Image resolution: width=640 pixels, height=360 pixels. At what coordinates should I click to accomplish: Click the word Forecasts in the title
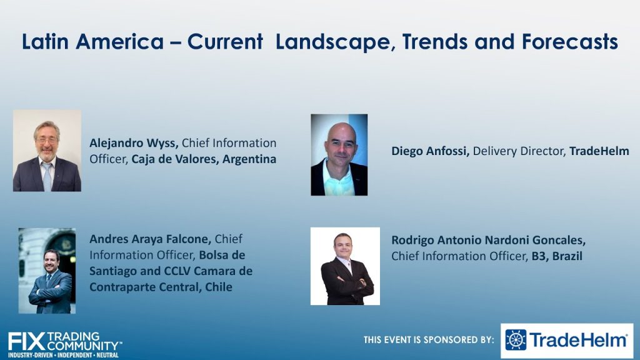pyautogui.click(x=570, y=42)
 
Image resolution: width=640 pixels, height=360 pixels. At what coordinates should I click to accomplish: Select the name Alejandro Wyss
pyautogui.click(x=134, y=143)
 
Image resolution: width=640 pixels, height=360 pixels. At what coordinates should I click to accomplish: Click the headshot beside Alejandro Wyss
pyautogui.click(x=47, y=150)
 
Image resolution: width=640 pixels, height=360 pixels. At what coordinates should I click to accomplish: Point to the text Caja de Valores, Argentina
pyautogui.click(x=204, y=159)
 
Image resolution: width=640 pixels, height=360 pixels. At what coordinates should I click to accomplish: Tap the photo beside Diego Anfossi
pyautogui.click(x=339, y=155)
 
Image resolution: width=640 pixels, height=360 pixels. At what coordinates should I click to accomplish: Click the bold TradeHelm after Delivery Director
pyautogui.click(x=599, y=151)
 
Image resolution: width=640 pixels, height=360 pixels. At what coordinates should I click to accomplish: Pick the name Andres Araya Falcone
pyautogui.click(x=150, y=239)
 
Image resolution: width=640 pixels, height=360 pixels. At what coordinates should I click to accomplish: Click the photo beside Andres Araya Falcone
pyautogui.click(x=47, y=271)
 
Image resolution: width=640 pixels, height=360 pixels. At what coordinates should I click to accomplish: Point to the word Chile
pyautogui.click(x=219, y=287)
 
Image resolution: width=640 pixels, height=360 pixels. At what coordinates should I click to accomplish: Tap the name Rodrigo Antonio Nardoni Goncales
pyautogui.click(x=489, y=240)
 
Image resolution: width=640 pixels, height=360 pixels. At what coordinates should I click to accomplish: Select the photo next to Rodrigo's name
pyautogui.click(x=345, y=266)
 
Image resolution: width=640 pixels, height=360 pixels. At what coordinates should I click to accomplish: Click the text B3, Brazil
pyautogui.click(x=557, y=256)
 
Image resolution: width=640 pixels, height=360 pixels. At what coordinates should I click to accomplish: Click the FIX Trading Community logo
pyautogui.click(x=65, y=345)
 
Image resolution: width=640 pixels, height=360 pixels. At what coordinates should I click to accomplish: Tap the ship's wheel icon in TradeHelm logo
pyautogui.click(x=516, y=340)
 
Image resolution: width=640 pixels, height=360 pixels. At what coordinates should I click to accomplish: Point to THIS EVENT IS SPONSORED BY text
pyautogui.click(x=429, y=339)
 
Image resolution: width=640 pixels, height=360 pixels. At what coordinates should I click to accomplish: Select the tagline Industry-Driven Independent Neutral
pyautogui.click(x=64, y=355)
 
